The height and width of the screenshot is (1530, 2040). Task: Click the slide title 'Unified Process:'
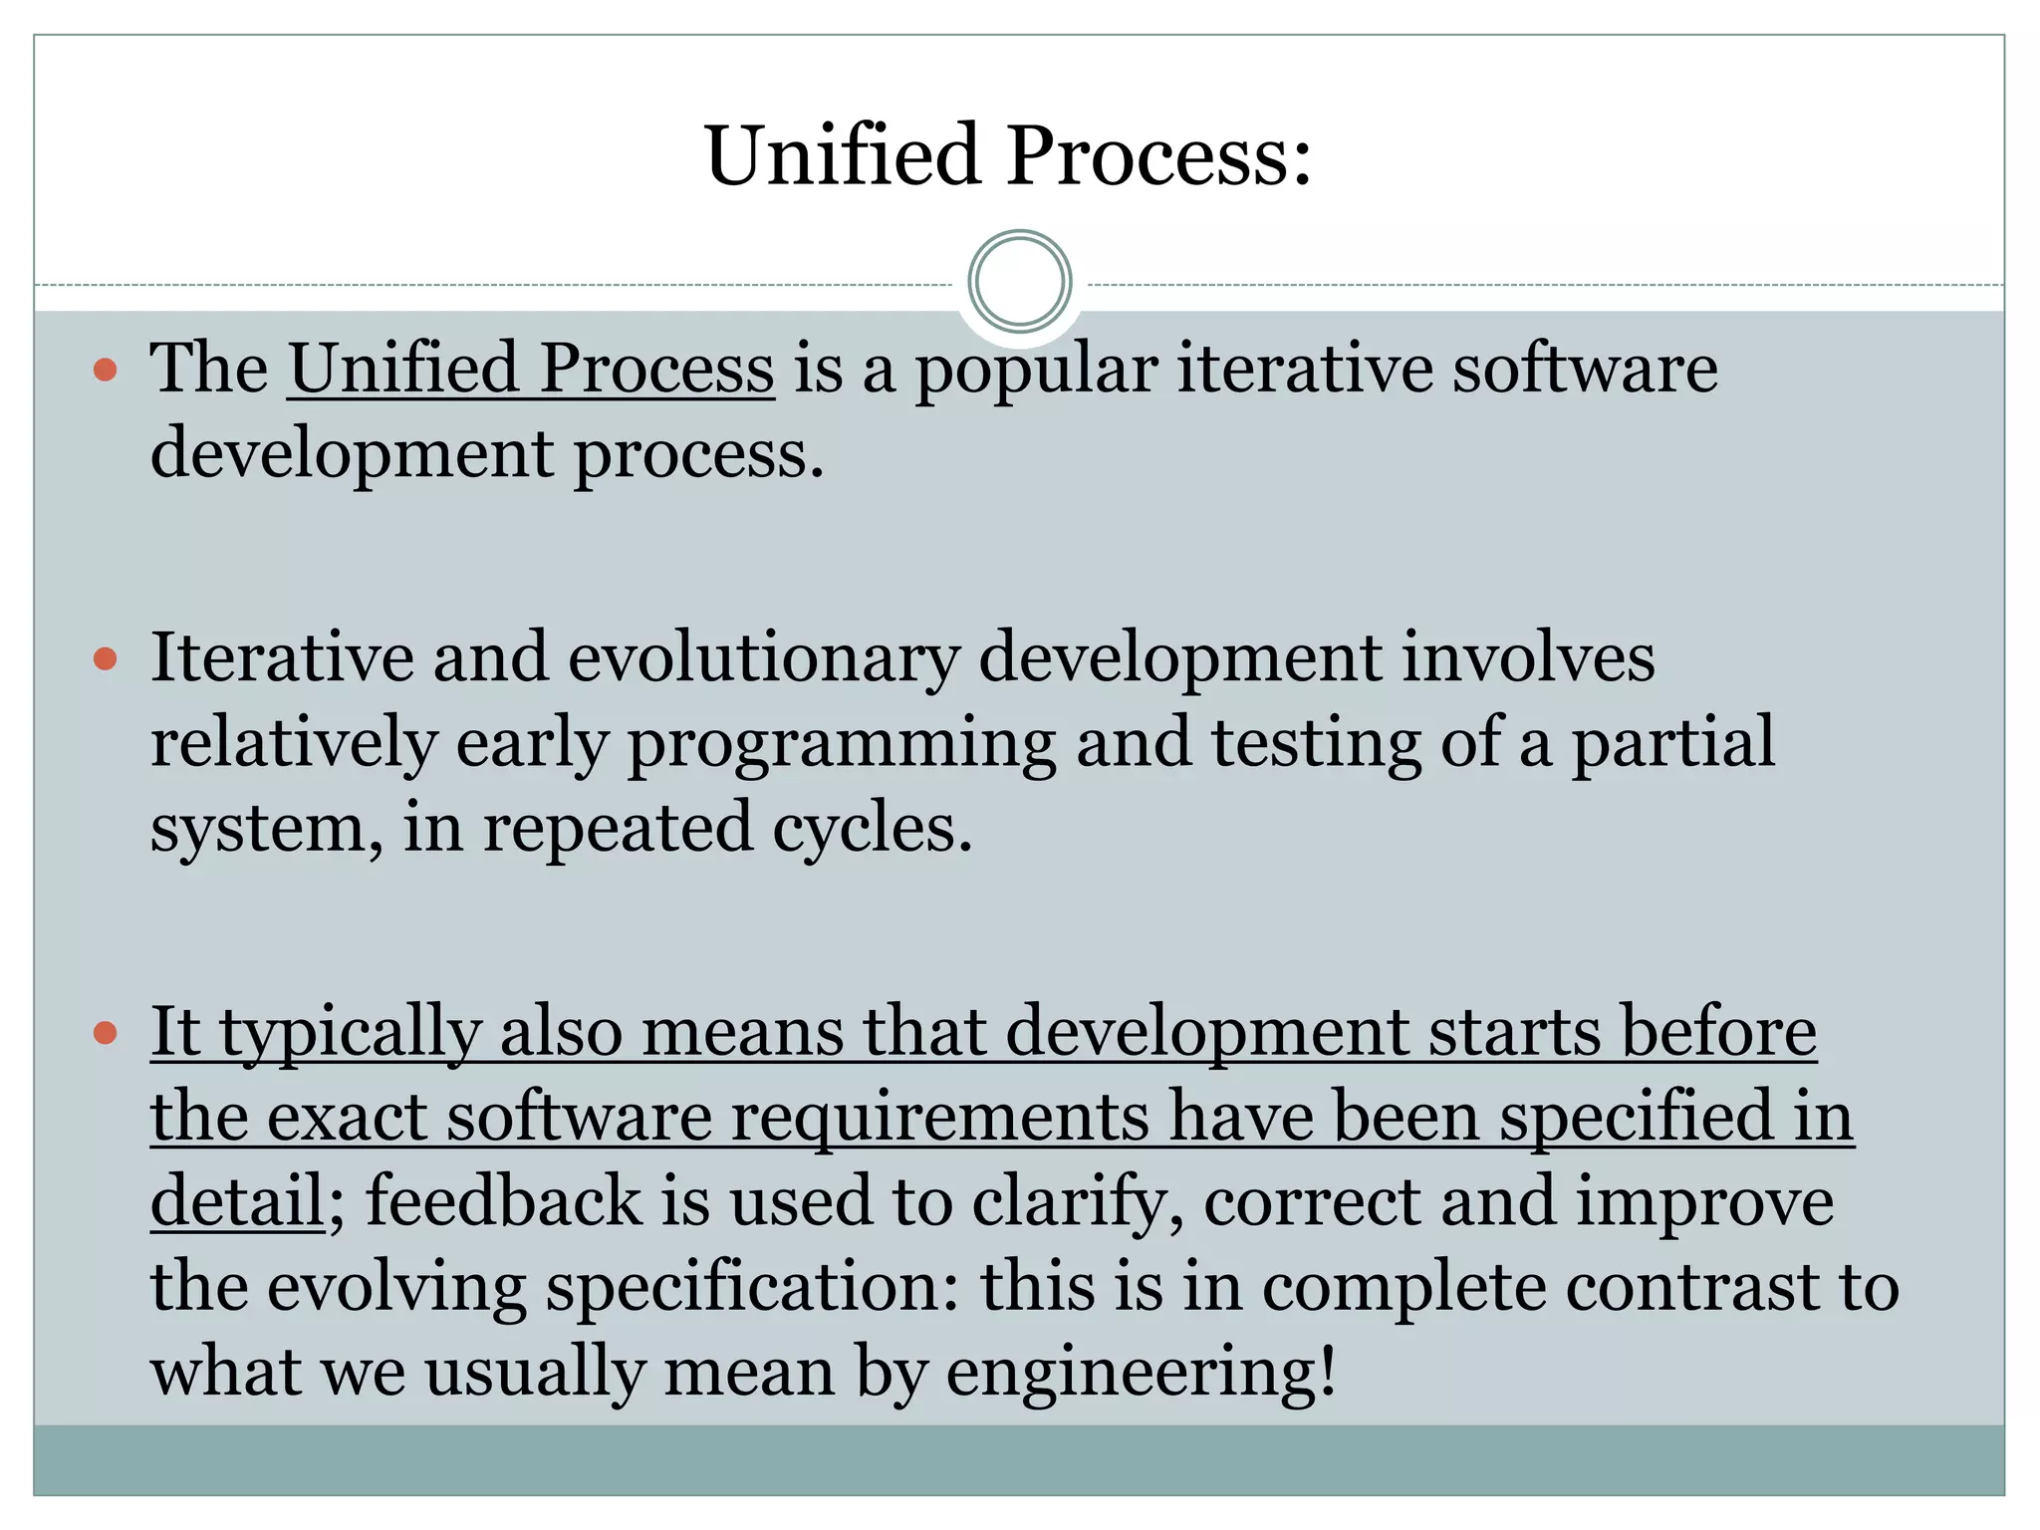coord(1008,156)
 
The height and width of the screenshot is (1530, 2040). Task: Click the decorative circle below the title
coord(1019,282)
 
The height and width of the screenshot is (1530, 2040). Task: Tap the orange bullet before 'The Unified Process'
coord(105,372)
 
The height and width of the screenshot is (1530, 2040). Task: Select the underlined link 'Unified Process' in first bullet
coord(531,369)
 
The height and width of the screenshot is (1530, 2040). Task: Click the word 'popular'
coord(1036,371)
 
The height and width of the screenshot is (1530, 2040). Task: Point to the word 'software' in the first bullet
coord(1584,369)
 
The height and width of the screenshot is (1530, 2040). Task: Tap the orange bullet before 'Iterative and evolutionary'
coord(105,659)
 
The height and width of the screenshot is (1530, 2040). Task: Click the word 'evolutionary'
coord(764,659)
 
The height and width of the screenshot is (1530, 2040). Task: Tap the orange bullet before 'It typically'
coord(105,1033)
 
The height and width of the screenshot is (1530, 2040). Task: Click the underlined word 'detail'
coord(237,1201)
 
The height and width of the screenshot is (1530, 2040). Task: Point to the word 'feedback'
coord(503,1201)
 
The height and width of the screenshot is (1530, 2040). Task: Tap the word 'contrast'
coord(1691,1286)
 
